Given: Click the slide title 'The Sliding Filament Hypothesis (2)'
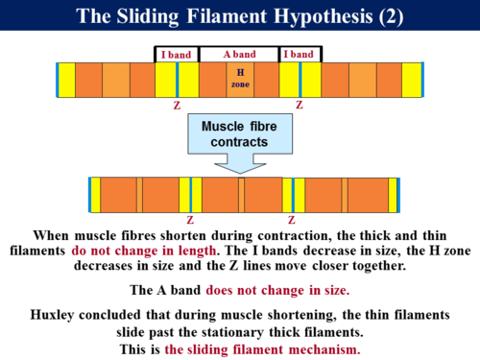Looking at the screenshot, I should coord(239,17).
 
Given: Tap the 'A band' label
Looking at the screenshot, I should coord(239,54).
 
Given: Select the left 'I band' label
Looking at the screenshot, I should coord(176,54).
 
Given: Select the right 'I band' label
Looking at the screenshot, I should coord(300,54).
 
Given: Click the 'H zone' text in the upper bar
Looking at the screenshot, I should coord(239,78).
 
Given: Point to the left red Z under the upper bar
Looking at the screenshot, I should coord(177,106).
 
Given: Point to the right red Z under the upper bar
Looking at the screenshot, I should coord(300,106).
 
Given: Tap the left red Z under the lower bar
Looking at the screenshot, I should coord(189,220).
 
